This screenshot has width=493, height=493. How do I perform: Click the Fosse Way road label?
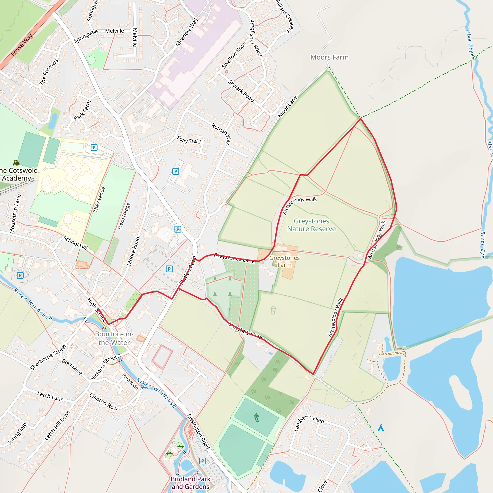[x=22, y=45]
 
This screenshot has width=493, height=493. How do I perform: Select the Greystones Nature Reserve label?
[x=311, y=225]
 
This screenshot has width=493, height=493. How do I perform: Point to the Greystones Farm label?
[x=285, y=261]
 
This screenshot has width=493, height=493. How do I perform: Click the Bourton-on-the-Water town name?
[x=114, y=338]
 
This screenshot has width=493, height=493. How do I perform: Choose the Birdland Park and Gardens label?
[x=191, y=483]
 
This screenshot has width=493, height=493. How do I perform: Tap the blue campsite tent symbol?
[x=381, y=428]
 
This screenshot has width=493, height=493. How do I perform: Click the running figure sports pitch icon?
[x=256, y=418]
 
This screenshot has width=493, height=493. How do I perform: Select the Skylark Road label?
[x=241, y=91]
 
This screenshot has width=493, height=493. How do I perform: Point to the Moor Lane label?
[x=288, y=107]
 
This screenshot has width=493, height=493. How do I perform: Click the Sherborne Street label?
[x=48, y=357]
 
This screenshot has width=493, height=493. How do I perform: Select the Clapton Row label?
[x=103, y=402]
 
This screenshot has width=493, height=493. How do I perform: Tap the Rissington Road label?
[x=198, y=431]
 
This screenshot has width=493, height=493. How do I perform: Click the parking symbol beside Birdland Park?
[x=202, y=461]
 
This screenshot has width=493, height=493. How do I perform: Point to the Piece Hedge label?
[x=124, y=216]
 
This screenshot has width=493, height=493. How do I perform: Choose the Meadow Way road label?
[x=187, y=32]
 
